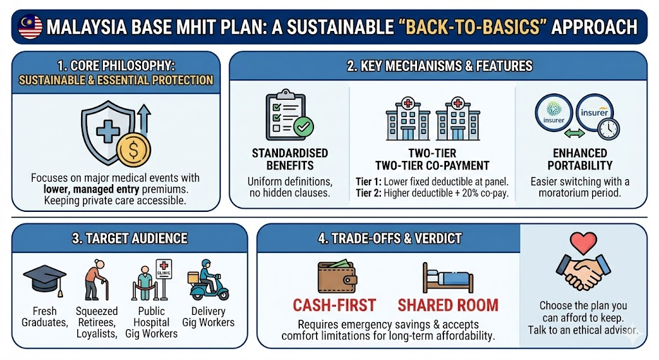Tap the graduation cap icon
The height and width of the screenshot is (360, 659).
click(x=44, y=278)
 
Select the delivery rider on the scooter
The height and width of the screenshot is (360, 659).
click(x=207, y=281)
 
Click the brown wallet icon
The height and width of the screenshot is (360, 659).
click(x=337, y=276)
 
